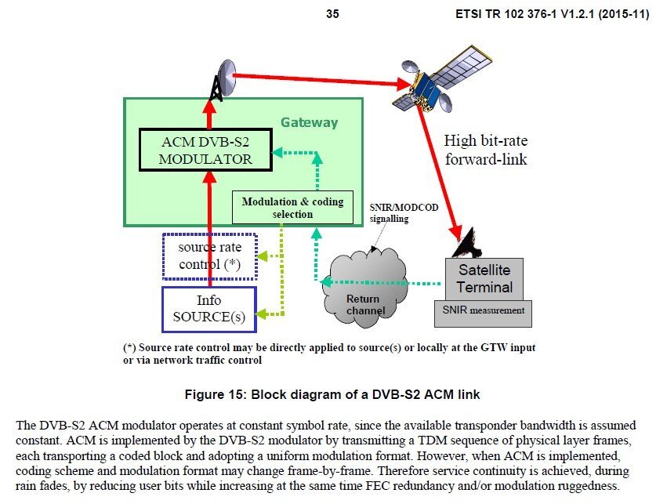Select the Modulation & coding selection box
[292, 208]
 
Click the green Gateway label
[310, 122]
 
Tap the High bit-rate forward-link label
[485, 150]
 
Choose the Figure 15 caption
[332, 393]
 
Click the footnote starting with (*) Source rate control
[329, 354]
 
